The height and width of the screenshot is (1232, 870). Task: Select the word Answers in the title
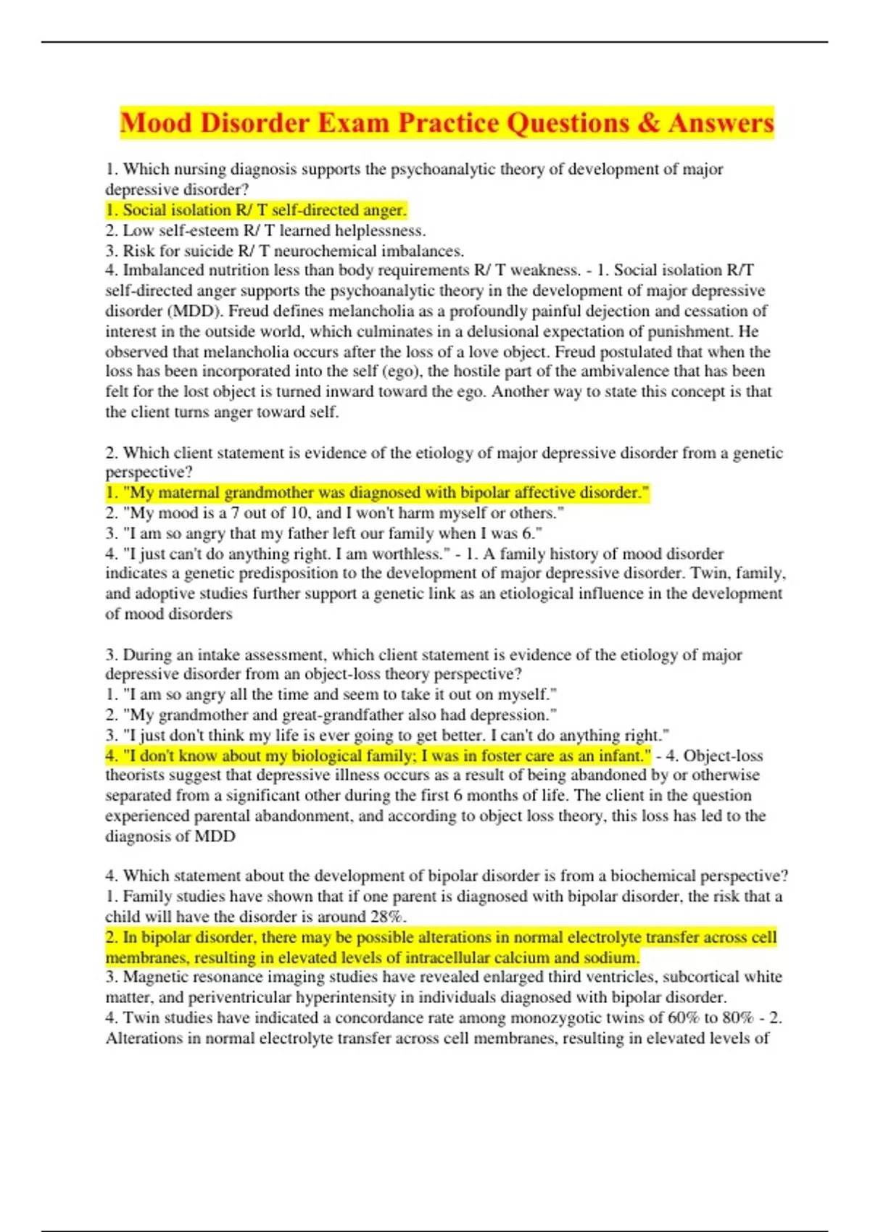721,122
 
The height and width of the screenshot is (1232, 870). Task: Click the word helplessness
379,230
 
